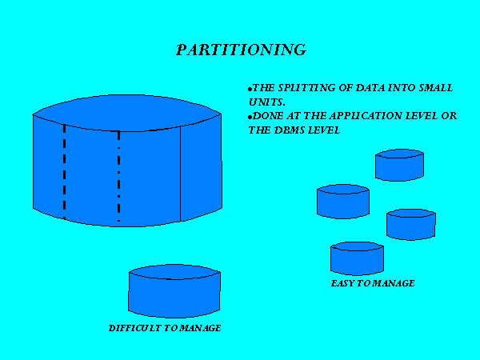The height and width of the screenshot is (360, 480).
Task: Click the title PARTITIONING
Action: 242,50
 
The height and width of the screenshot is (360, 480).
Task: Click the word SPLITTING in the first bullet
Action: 306,88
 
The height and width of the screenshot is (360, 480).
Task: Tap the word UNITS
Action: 266,102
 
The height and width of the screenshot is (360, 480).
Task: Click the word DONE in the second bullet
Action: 268,116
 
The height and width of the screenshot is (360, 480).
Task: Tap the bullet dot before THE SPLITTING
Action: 250,90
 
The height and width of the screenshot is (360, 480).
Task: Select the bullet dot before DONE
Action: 250,117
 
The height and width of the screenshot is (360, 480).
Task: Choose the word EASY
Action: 342,283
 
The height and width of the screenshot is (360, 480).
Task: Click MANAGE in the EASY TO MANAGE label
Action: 394,283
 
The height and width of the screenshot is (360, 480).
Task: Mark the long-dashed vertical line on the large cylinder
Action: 64,171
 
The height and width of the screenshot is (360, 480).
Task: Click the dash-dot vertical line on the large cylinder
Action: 118,176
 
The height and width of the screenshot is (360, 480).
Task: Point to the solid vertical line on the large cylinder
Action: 180,174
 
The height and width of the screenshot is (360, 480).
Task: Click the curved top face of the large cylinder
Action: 126,113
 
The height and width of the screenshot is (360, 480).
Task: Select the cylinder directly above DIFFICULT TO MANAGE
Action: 174,291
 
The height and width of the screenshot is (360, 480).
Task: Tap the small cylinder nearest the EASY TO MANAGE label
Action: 357,258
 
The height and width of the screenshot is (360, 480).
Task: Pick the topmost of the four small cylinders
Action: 399,165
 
